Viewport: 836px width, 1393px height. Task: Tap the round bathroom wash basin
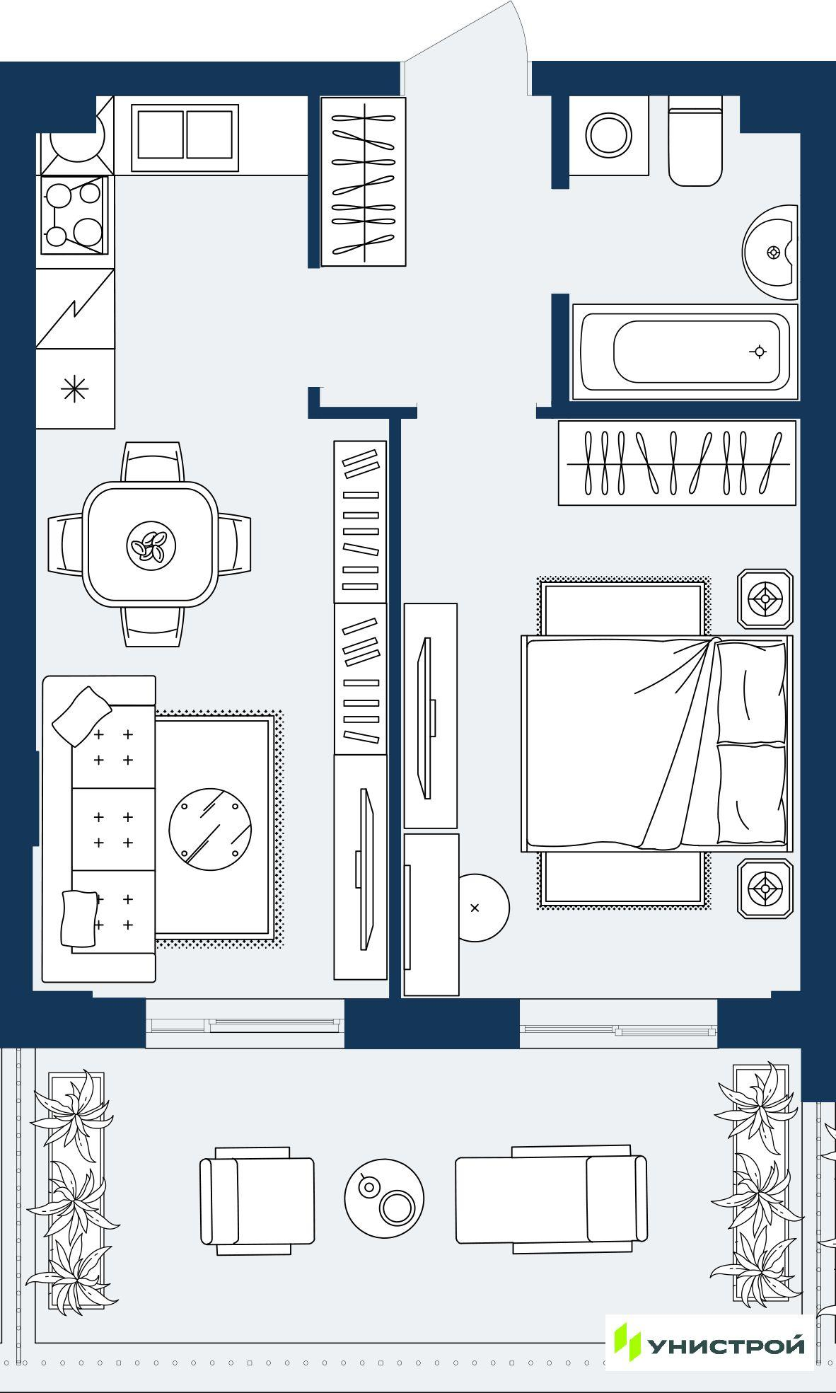point(771,253)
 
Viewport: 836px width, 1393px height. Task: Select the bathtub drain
point(760,352)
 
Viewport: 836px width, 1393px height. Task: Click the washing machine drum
point(609,135)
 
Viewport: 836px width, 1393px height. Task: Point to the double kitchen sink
point(185,134)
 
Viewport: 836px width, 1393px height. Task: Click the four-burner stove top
point(74,214)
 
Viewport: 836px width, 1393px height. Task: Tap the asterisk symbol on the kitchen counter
point(74,389)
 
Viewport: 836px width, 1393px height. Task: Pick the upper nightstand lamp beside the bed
point(765,599)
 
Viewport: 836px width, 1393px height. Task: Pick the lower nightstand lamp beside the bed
point(765,888)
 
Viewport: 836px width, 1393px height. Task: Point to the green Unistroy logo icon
point(627,1341)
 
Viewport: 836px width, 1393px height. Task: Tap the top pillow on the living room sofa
point(82,715)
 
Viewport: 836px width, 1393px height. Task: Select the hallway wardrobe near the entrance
point(364,182)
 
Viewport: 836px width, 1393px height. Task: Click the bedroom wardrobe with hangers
point(678,463)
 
